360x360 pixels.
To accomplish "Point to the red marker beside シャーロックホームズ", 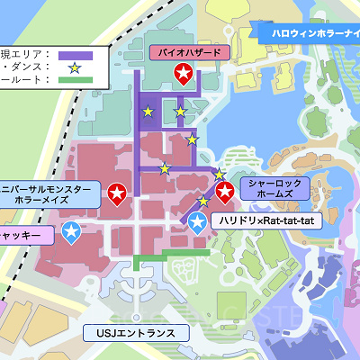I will (x=225, y=190).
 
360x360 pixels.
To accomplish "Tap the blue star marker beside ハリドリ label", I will (x=198, y=221).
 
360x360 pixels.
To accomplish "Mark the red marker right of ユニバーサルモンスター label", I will (x=117, y=192).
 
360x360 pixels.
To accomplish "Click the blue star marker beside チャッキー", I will (x=71, y=233).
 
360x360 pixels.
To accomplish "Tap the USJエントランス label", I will (x=135, y=333).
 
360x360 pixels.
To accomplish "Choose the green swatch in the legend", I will (x=74, y=79).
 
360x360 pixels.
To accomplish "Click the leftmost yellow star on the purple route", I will (x=148, y=112).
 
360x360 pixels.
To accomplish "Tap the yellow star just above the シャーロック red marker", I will (x=219, y=174).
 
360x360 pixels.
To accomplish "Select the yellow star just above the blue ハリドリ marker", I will (x=203, y=201).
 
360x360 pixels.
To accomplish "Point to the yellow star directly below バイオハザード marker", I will (x=180, y=112).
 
